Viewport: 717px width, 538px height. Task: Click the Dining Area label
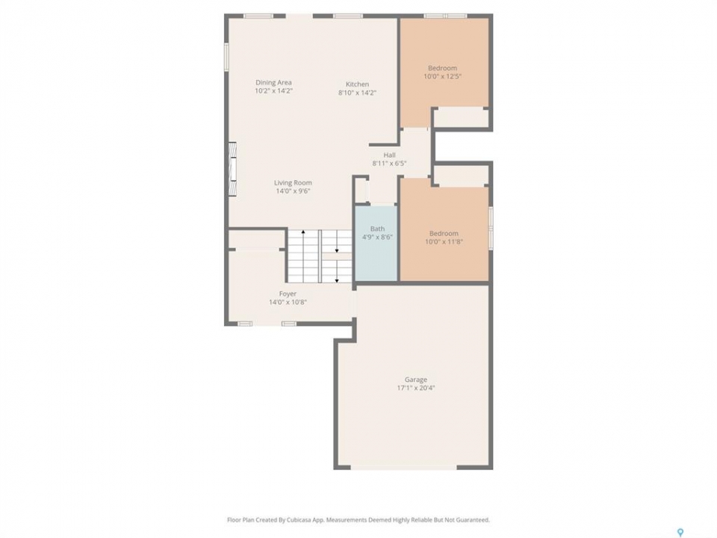pyautogui.click(x=273, y=82)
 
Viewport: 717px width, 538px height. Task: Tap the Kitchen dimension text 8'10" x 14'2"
pyautogui.click(x=357, y=93)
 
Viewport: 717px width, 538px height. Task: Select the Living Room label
pyautogui.click(x=293, y=182)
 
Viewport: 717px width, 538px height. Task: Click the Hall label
pyautogui.click(x=390, y=155)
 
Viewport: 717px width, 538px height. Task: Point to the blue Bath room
pyautogui.click(x=376, y=244)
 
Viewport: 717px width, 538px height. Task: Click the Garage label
pyautogui.click(x=416, y=380)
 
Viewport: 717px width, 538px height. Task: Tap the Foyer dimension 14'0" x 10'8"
pyautogui.click(x=288, y=302)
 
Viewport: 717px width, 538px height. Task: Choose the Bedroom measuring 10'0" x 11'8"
pyautogui.click(x=444, y=233)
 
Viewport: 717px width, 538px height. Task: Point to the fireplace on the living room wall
pyautogui.click(x=233, y=170)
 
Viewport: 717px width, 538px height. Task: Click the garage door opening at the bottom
pyautogui.click(x=404, y=468)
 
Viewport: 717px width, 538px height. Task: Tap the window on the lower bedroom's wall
pyautogui.click(x=491, y=229)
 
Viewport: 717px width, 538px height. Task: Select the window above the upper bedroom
pyautogui.click(x=445, y=16)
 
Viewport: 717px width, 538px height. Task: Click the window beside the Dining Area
pyautogui.click(x=226, y=57)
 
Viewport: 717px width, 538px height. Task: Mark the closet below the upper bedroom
pyautogui.click(x=460, y=117)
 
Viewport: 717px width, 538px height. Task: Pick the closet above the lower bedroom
pyautogui.click(x=460, y=176)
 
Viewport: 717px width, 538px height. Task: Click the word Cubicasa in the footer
pyautogui.click(x=299, y=520)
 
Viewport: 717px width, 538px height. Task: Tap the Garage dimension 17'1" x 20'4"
pyautogui.click(x=416, y=388)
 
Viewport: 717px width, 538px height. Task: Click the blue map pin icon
pyautogui.click(x=680, y=532)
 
